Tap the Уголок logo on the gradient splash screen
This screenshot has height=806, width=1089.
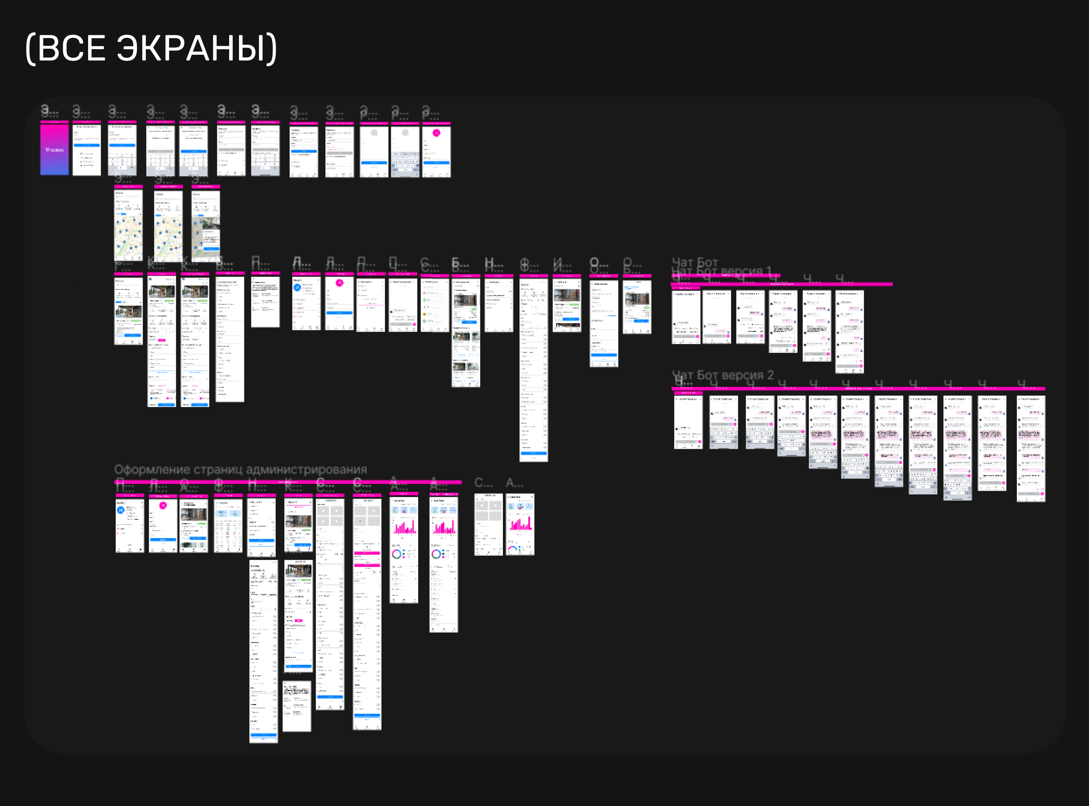click(54, 150)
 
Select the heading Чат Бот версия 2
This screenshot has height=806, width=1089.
click(723, 375)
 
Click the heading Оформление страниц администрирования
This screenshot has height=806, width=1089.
click(240, 470)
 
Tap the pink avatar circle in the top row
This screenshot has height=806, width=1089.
click(436, 133)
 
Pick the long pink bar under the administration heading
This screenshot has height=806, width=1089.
click(288, 482)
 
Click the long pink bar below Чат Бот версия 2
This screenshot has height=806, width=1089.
click(858, 388)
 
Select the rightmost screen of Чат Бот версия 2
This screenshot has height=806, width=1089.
click(1030, 449)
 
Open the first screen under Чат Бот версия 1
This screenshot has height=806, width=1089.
click(686, 317)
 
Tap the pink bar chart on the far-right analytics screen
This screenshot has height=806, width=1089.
click(520, 524)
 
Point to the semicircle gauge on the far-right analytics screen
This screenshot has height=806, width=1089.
click(512, 549)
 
